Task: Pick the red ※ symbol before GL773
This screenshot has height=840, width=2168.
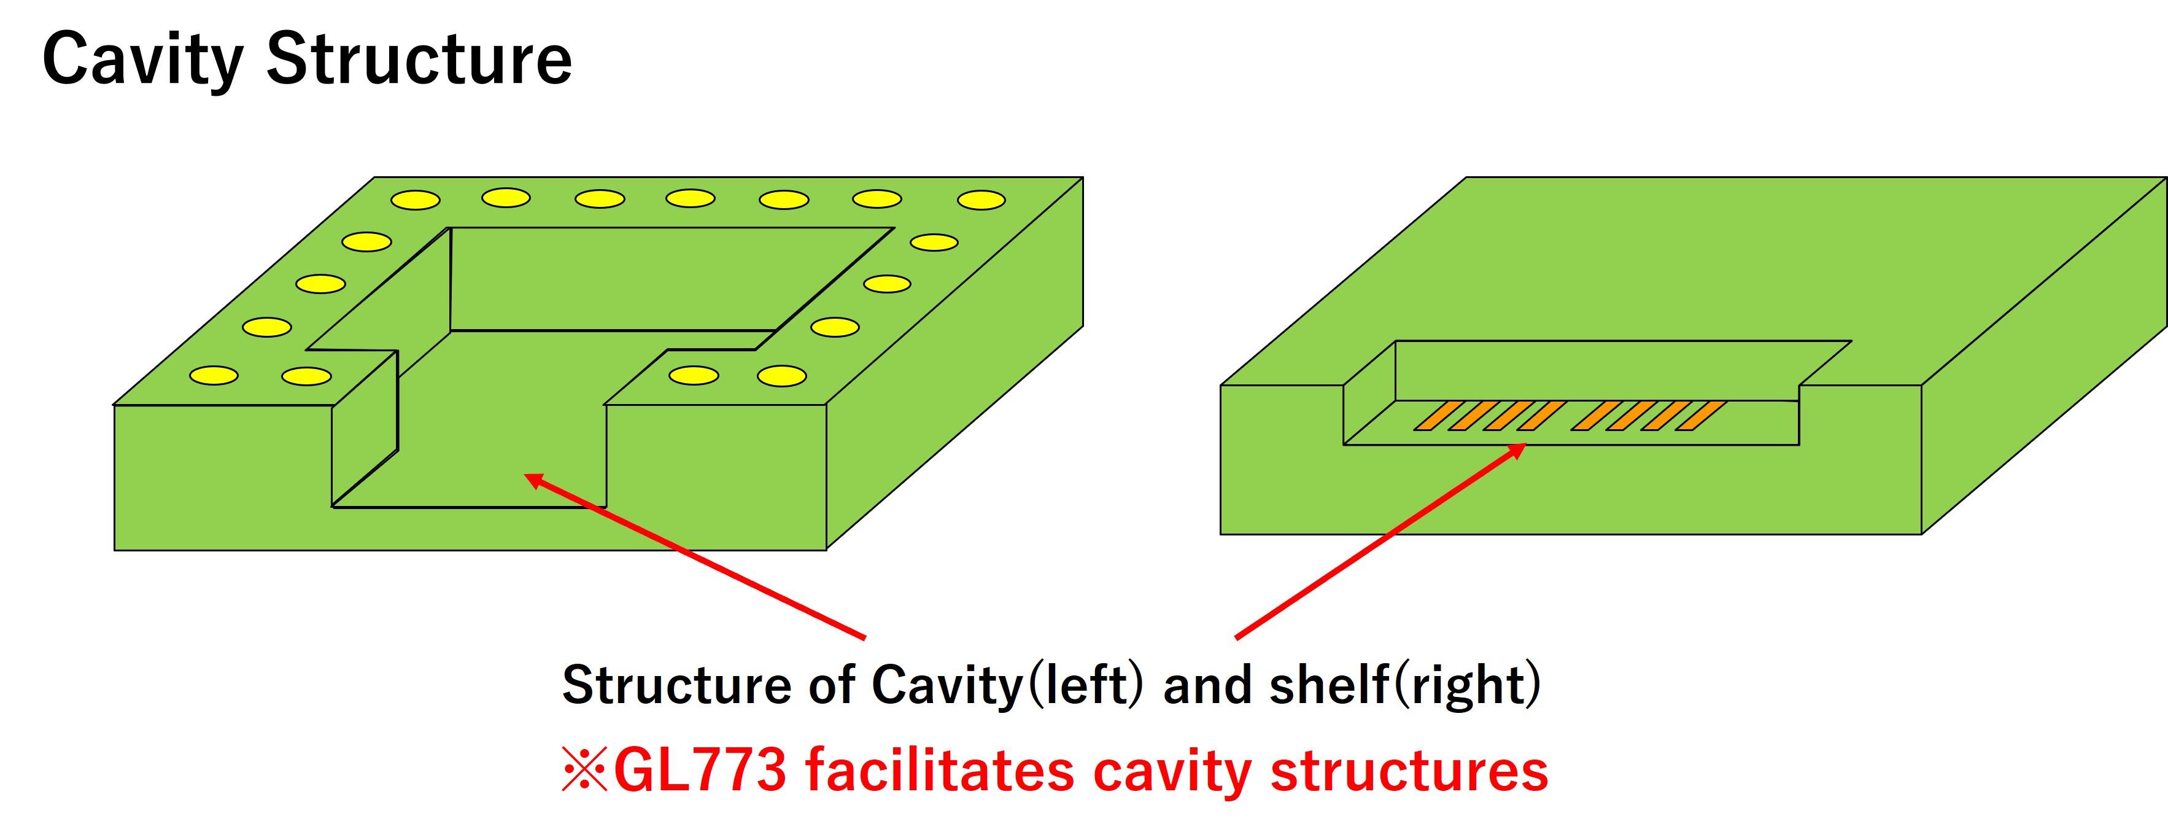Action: [584, 769]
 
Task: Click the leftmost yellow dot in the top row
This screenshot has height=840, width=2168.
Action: [416, 200]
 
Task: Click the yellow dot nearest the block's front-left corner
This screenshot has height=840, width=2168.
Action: [213, 375]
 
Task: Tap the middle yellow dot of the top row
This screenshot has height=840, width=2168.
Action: [690, 198]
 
